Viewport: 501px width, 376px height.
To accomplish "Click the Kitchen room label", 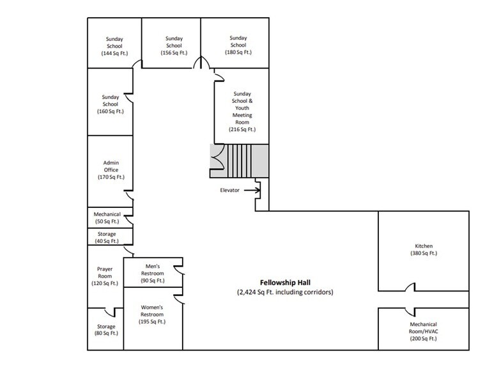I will pos(424,249).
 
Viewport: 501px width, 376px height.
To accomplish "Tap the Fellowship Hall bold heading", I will pos(282,282).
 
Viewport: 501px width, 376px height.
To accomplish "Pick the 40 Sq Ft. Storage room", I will pos(107,237).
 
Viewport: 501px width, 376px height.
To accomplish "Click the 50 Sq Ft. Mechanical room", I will pos(107,217).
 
